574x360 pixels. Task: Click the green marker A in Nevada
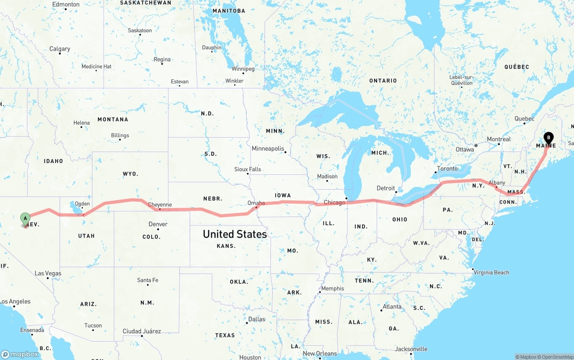26,219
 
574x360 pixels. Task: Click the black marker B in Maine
548,138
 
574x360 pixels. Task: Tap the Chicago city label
335,202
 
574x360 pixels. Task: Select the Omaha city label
256,203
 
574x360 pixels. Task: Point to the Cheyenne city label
160,205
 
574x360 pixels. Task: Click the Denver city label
158,224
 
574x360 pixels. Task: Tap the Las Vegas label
48,273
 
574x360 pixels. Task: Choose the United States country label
235,234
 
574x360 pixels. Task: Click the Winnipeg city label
243,69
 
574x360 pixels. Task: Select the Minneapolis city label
268,148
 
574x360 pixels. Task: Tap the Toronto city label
447,169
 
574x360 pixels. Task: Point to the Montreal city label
499,139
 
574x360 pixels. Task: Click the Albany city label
497,182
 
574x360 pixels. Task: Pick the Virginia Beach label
491,272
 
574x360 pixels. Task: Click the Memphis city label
333,288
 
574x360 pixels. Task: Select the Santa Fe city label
148,280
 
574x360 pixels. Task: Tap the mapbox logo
20,354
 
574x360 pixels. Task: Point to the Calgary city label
60,48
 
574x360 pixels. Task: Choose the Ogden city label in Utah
82,204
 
